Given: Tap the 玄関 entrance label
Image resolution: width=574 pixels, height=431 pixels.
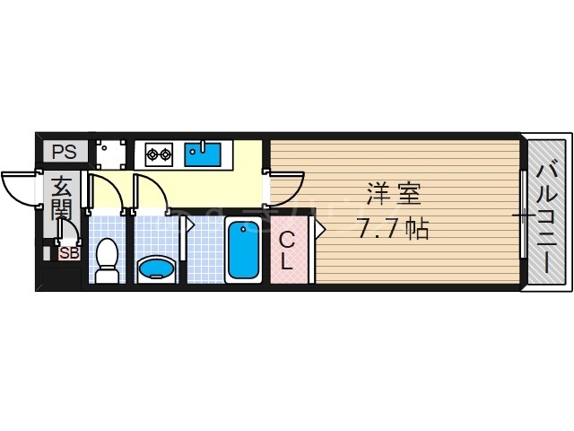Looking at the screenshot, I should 61,198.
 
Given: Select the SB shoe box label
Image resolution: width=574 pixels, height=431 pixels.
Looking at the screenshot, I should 69,252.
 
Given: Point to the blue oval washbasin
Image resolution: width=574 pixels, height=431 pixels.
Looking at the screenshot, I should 159,268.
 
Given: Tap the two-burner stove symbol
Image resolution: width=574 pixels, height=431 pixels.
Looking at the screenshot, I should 159,154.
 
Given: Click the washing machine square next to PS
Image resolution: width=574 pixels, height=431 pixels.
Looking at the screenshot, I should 111,153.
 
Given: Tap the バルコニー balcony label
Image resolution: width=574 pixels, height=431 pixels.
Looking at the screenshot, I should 547,212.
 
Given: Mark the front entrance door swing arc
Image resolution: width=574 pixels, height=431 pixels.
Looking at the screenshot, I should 20,187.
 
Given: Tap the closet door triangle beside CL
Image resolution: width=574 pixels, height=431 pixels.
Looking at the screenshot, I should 318,230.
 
